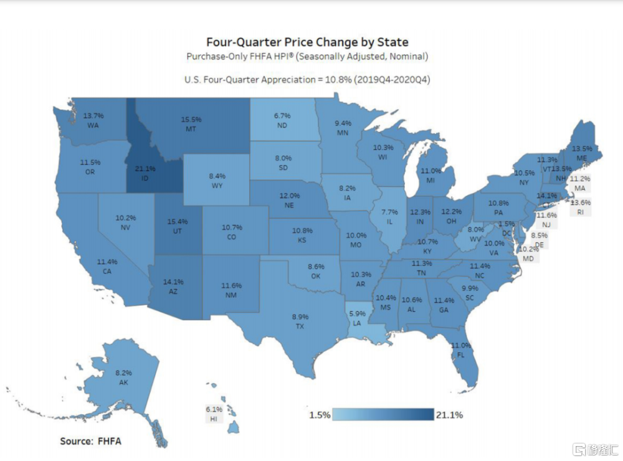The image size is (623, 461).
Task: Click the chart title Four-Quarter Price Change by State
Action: point(308,42)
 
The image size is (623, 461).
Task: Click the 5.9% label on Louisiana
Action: point(357,313)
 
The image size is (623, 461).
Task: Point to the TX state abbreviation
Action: point(300,325)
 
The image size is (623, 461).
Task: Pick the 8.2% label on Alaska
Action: point(123,373)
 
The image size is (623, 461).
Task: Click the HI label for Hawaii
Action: point(214,418)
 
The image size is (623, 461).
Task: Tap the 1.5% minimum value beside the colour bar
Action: point(320,415)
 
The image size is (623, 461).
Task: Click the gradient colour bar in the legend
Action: point(383,415)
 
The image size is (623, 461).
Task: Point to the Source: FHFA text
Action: point(91,441)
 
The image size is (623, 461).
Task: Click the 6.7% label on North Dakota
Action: point(283,115)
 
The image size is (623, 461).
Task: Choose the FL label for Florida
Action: point(461,354)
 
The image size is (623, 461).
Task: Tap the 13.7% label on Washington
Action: point(93,116)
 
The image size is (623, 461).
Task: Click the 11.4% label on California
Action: point(107,262)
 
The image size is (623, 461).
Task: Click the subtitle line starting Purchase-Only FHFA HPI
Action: point(308,57)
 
